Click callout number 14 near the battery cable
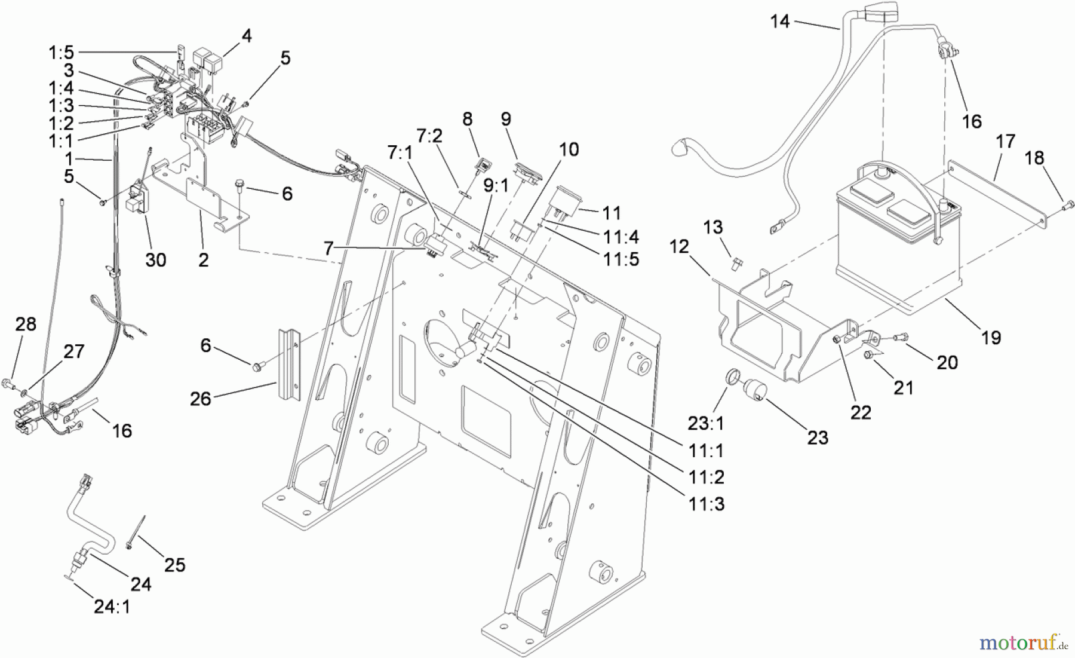[779, 22]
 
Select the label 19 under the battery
[991, 338]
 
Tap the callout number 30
[156, 260]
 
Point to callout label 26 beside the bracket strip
[201, 399]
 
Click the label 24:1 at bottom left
[112, 607]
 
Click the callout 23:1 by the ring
[706, 424]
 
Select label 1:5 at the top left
[61, 53]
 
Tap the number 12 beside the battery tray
[679, 246]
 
